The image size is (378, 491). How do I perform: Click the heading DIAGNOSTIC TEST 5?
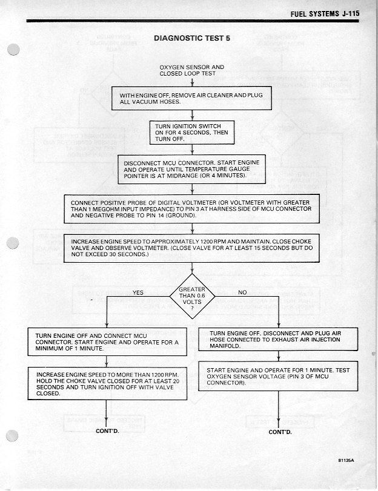coord(191,38)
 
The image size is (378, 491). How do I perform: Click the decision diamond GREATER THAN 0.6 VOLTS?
coord(191,297)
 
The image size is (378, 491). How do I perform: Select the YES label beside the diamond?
coord(138,292)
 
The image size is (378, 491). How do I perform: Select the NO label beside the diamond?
coord(242,292)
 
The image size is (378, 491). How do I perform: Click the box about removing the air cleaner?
coord(191,98)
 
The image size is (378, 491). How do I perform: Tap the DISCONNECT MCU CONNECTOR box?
coord(191,168)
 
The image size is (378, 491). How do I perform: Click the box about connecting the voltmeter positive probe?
coord(191,208)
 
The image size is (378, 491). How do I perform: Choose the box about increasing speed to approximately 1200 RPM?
coord(191,248)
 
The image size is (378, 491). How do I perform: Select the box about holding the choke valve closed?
coord(107,383)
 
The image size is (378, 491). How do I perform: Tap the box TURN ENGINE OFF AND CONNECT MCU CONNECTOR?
coord(107,342)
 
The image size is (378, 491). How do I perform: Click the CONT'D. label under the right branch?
coord(280,432)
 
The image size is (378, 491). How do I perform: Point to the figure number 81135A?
coord(346,461)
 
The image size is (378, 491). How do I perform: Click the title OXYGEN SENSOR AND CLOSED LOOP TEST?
coord(191,70)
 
